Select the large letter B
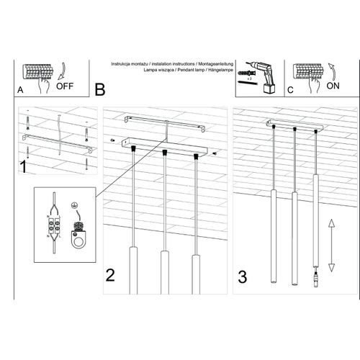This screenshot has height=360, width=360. click(x=99, y=89)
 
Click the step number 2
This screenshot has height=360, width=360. click(x=110, y=274)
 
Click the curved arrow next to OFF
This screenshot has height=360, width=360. click(x=61, y=72)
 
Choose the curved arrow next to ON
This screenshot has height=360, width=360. click(x=335, y=71)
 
